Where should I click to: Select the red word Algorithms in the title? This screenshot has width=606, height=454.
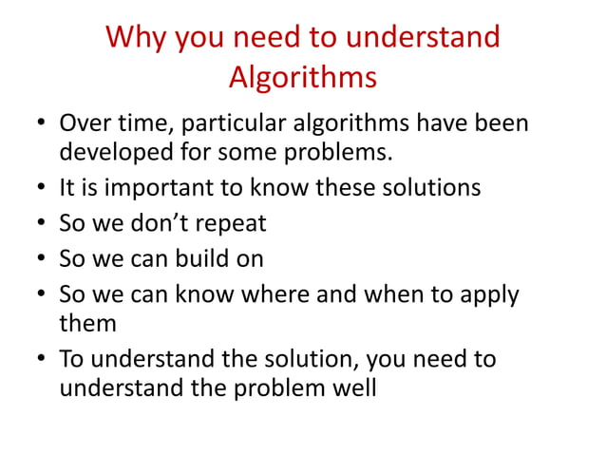point(303,77)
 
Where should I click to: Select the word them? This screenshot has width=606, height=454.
point(87,322)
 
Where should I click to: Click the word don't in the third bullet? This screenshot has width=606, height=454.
point(161,223)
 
